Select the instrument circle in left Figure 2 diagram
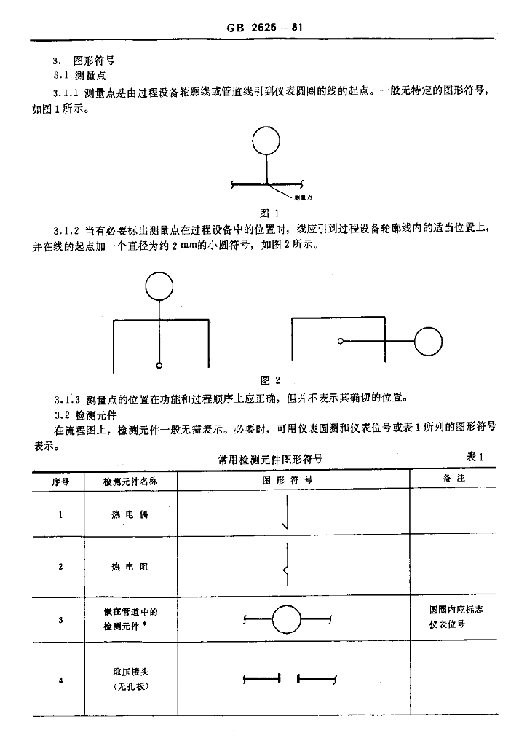pos(159,286)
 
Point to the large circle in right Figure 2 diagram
pos(428,340)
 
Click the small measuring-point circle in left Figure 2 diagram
pos(159,364)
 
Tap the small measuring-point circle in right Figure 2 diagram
pos(340,340)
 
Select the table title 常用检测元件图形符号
pos(270,460)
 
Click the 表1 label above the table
pos(475,457)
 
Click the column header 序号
pos(60,481)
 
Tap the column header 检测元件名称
pos(130,481)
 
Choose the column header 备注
pos(455,479)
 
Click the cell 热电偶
pos(130,515)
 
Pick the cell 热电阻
pos(130,567)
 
